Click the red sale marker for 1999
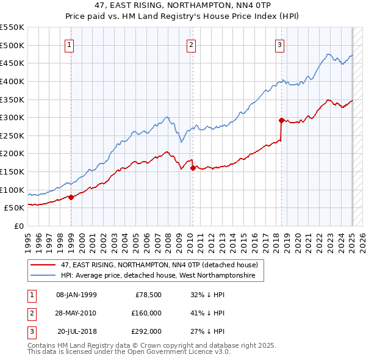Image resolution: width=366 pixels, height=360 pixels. (x=71, y=197)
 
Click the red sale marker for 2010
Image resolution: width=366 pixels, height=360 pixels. (x=193, y=168)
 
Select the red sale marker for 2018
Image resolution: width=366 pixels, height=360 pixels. (x=281, y=120)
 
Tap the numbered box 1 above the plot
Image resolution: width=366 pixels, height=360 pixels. (x=70, y=45)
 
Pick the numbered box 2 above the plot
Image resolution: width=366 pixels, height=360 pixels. (x=191, y=45)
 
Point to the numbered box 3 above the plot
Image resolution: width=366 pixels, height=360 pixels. (x=279, y=45)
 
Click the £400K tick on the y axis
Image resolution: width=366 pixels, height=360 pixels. (x=13, y=81)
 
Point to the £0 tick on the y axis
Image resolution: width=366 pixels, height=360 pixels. (x=19, y=226)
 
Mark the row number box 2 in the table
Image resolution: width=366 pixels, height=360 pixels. (x=30, y=313)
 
